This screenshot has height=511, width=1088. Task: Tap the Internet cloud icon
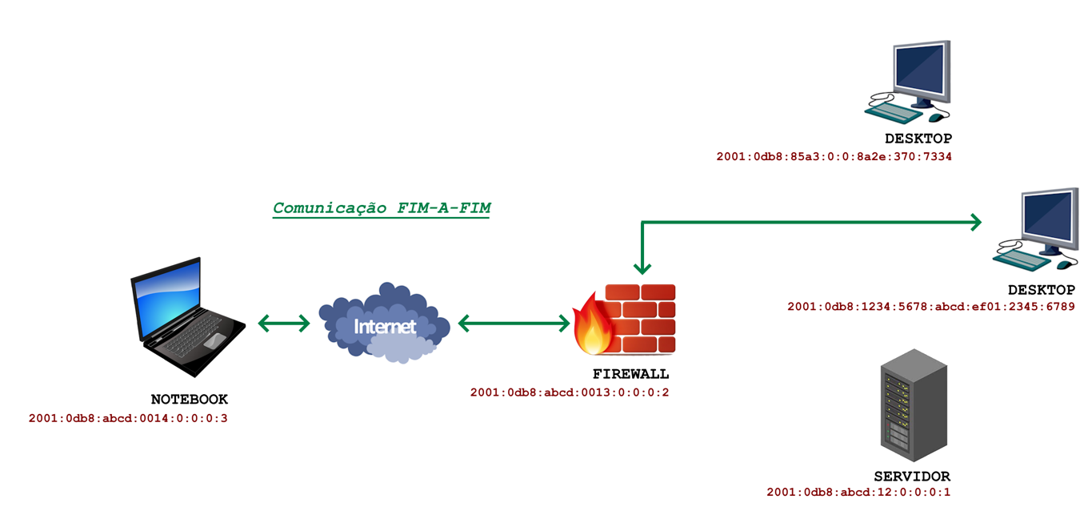coord(385,322)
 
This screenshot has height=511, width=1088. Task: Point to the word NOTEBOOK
coord(190,399)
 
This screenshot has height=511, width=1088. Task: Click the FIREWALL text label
coord(630,374)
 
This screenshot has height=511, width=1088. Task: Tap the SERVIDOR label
coord(912,476)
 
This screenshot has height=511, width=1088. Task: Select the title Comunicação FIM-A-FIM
coord(382,208)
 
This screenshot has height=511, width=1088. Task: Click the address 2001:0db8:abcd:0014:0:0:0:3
coord(128,418)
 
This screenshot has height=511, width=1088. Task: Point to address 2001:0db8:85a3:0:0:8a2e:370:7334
coord(834,156)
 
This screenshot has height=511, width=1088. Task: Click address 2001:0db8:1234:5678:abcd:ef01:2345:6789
coord(930,306)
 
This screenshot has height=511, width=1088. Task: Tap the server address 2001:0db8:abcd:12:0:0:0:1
coord(858,493)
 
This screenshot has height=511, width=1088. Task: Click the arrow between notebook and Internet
coord(284,323)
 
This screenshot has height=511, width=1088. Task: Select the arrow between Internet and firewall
coord(514,323)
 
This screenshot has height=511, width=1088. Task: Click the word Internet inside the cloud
coord(385,327)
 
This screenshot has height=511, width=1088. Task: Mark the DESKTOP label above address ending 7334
coord(918,139)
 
